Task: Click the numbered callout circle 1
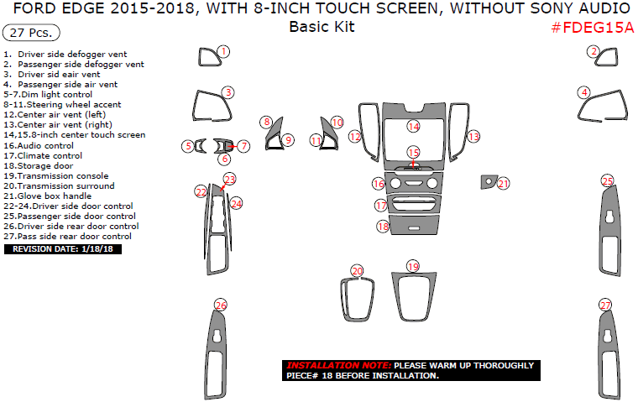pos(223,52)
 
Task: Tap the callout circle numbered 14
pos(413,126)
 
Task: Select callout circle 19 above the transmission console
pos(412,266)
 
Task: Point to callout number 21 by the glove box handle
pos(504,183)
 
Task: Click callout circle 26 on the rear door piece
pos(221,305)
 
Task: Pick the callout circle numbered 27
pos(605,305)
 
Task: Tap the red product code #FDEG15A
pos(593,28)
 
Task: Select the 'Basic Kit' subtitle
pos(322,26)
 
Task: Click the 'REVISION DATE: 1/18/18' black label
pos(63,249)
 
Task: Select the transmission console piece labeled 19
pos(414,298)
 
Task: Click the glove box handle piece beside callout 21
pos(487,181)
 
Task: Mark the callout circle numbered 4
pos(583,92)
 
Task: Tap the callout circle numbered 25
pos(607,180)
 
